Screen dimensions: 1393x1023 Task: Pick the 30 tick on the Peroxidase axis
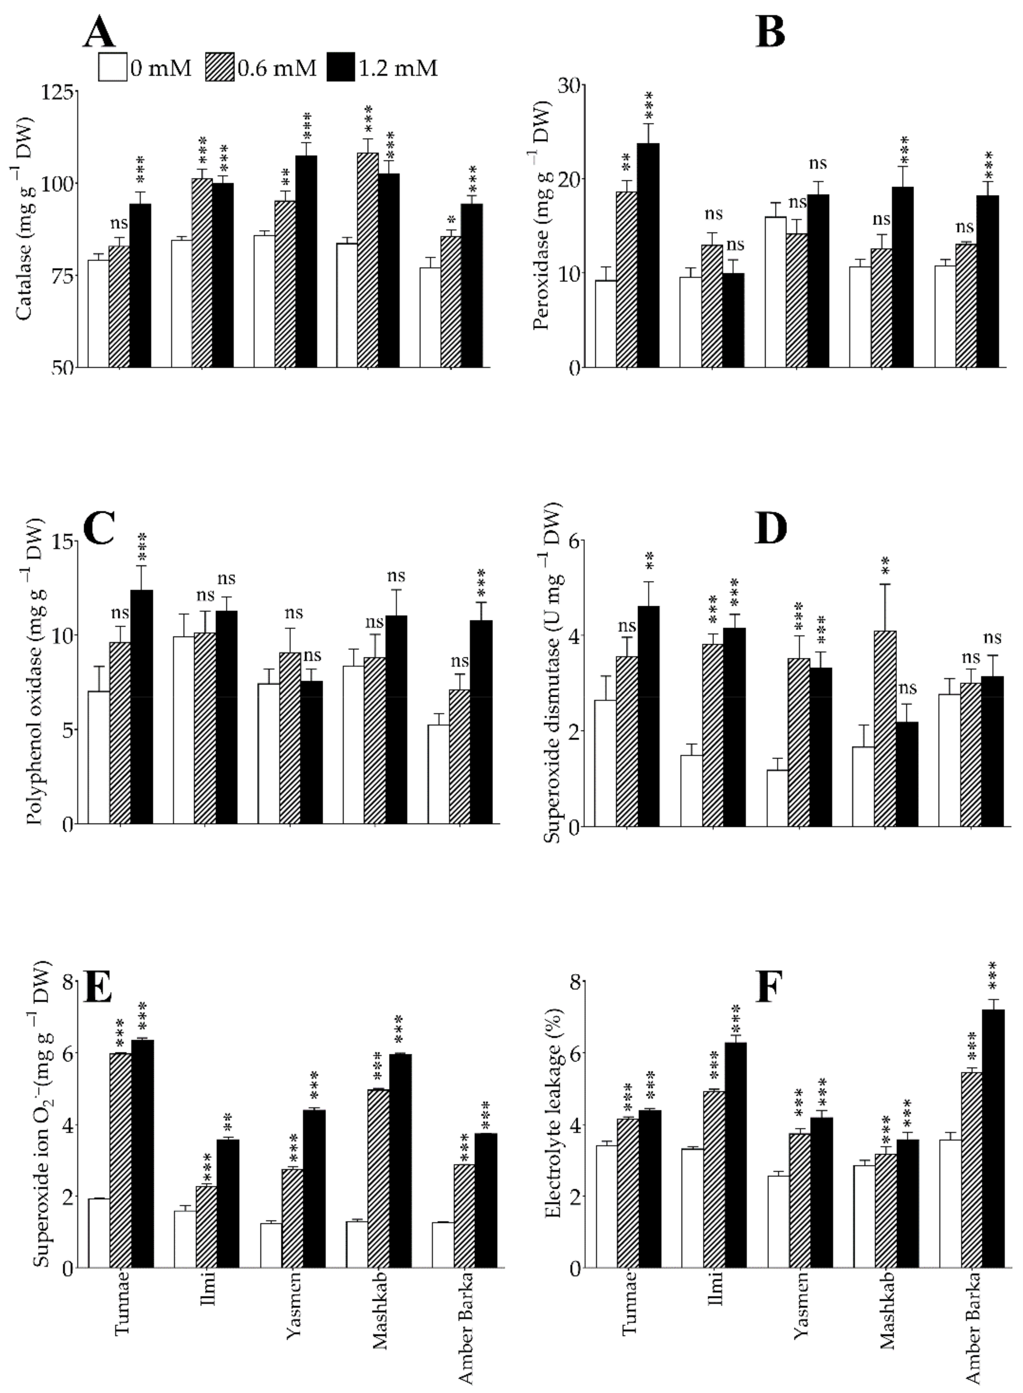coord(570,86)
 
